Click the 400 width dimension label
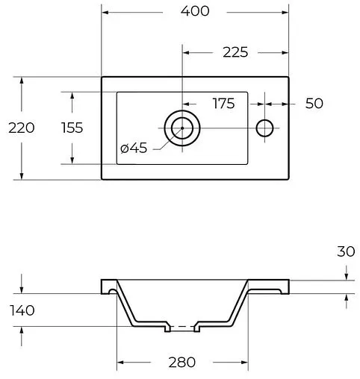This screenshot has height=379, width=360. (194, 11)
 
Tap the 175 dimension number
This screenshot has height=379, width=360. (223, 103)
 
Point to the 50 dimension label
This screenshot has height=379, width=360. (314, 103)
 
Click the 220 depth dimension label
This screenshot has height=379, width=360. (22, 128)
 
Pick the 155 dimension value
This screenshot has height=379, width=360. (72, 128)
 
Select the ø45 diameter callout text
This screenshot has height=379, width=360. (134, 148)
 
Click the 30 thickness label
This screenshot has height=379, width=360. (345, 252)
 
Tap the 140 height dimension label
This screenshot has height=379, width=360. (22, 310)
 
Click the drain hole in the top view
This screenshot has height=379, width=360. (181, 128)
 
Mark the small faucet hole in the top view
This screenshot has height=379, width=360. (265, 128)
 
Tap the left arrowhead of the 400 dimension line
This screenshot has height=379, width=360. (105, 11)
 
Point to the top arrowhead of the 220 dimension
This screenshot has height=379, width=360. (22, 80)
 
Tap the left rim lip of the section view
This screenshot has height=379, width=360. (109, 286)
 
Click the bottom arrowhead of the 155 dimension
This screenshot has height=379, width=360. (72, 160)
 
